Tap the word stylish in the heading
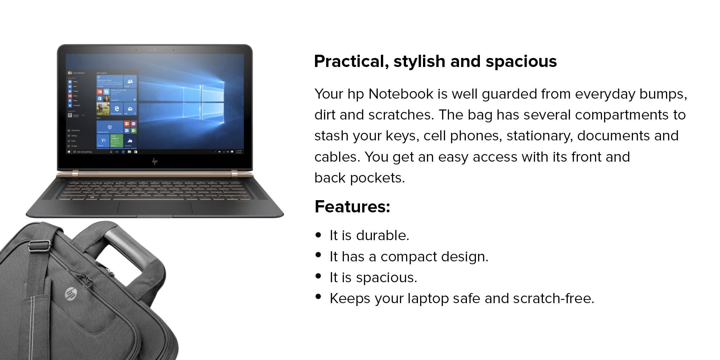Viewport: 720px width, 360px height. pos(419,62)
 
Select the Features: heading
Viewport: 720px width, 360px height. pos(352,207)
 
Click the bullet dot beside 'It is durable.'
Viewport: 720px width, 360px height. pos(318,235)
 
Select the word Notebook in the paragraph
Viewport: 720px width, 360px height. pos(401,94)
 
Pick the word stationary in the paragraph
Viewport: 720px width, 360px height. pos(540,136)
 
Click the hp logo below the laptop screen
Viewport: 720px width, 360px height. pos(155,162)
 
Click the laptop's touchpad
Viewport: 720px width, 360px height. pos(154,208)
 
